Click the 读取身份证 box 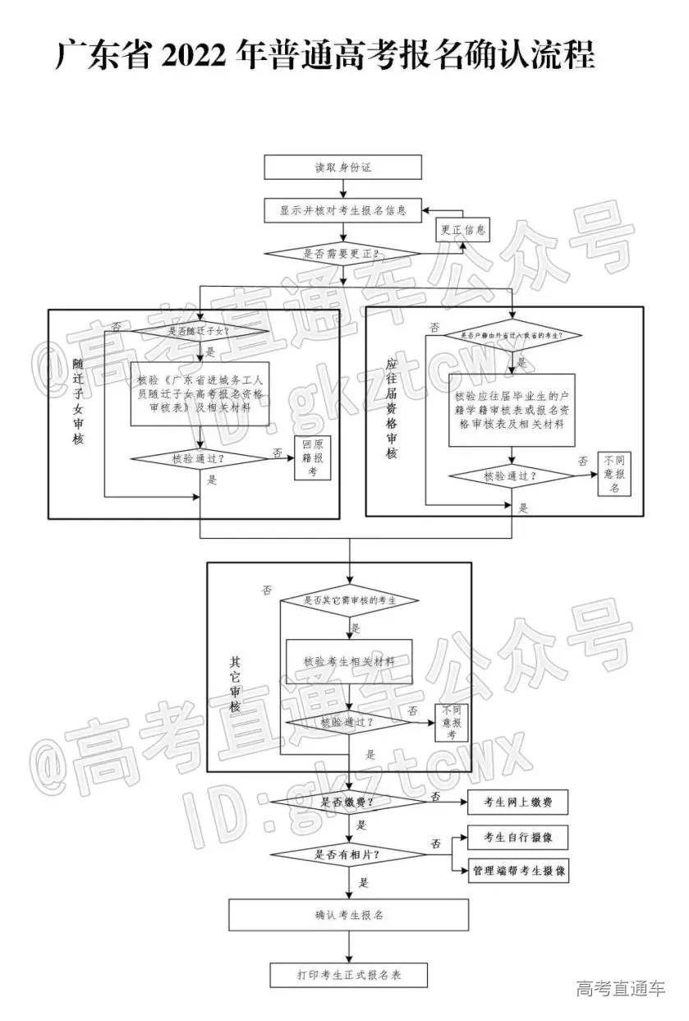[x=342, y=168]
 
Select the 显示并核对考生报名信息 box [x=342, y=210]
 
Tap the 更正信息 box [x=462, y=230]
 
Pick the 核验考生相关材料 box [x=348, y=661]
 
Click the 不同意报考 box [x=451, y=722]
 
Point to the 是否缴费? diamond [x=349, y=802]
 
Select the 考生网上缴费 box [x=517, y=802]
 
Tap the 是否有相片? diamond [x=349, y=854]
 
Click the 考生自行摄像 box [x=517, y=838]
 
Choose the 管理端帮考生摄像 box [x=517, y=871]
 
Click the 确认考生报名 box [x=348, y=914]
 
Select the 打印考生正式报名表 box [x=348, y=975]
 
